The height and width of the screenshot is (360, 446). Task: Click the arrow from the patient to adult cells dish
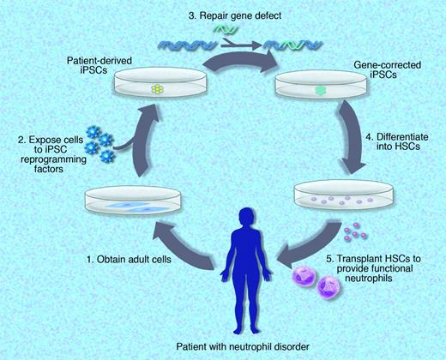(x=172, y=244)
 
